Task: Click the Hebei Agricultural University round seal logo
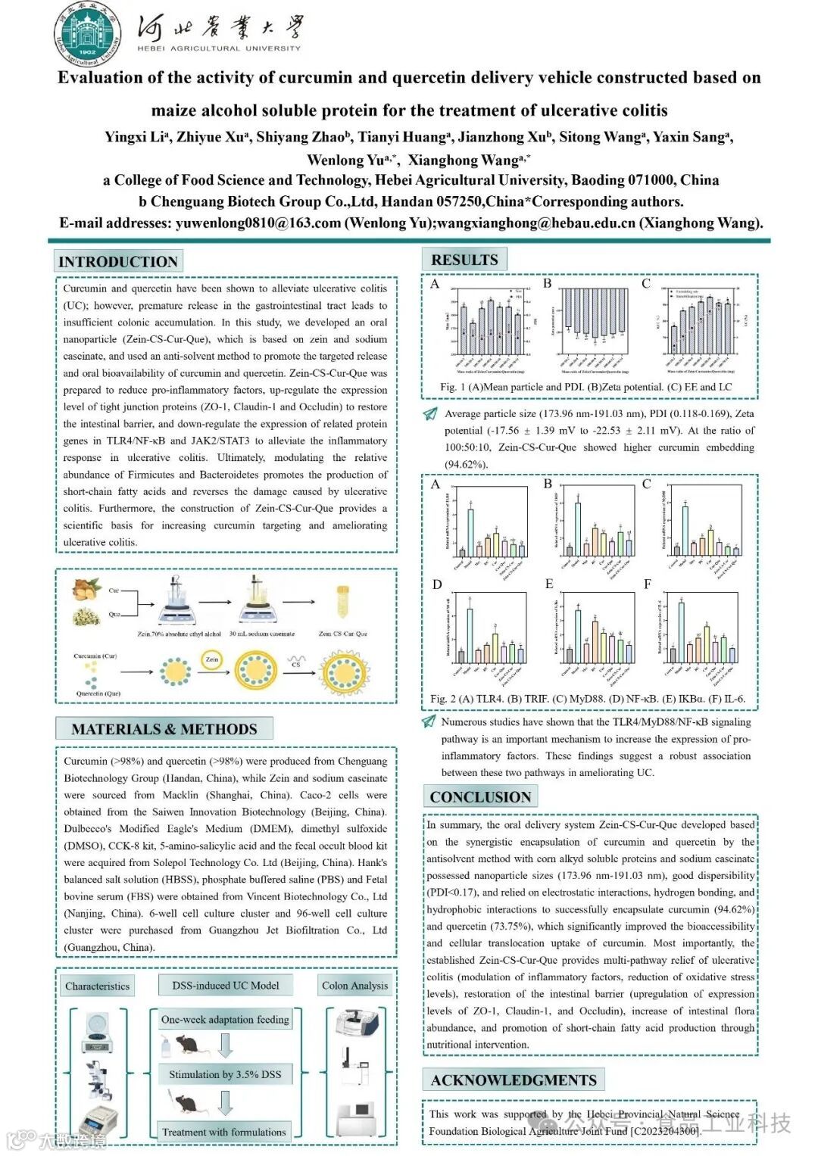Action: coord(88,34)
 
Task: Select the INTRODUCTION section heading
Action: coord(118,262)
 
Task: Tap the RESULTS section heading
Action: coord(464,260)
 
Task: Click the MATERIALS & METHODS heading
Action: coord(164,729)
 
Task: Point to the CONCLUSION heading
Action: coord(480,797)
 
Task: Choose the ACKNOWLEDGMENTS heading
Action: coord(514,1080)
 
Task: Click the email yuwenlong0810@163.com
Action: coord(258,223)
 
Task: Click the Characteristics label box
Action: coord(97,986)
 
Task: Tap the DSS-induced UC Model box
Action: coord(226,985)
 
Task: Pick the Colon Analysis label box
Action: coord(354,986)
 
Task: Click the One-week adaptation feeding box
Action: coord(225,1019)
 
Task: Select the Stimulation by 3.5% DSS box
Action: coord(225,1074)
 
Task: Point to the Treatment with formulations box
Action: coord(224,1132)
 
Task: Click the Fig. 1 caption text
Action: coord(586,387)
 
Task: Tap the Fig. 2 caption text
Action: coord(588,699)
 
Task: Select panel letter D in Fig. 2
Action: coord(437,584)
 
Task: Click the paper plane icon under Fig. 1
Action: coord(430,414)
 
